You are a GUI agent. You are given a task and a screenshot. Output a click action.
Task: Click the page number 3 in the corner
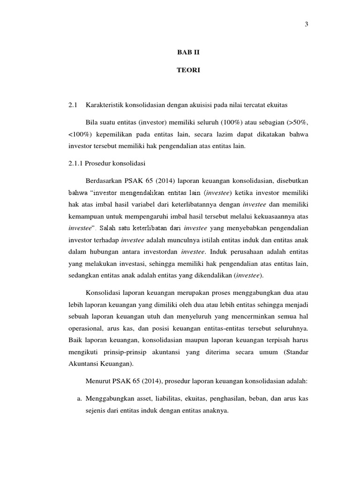coord(306,25)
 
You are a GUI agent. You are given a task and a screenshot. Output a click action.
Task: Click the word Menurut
coord(98,382)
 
